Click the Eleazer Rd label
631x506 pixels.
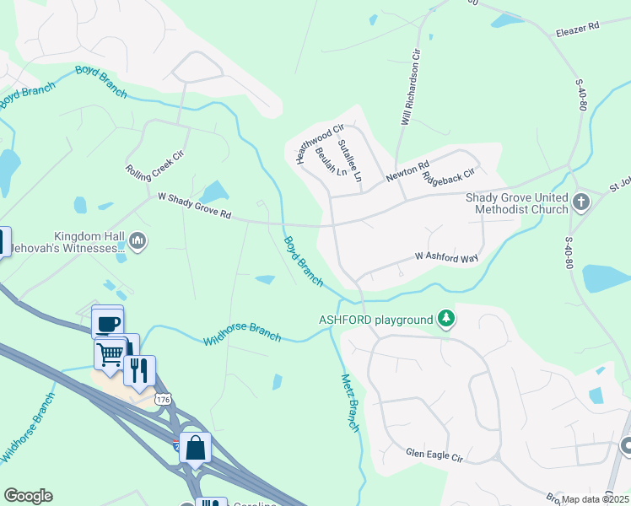(x=576, y=27)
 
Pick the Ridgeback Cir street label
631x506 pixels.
(x=450, y=177)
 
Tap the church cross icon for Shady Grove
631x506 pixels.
(x=580, y=202)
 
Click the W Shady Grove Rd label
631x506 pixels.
(x=194, y=205)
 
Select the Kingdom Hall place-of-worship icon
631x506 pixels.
(x=138, y=243)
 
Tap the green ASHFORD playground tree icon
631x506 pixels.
(x=446, y=319)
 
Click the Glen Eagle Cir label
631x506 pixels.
(x=434, y=455)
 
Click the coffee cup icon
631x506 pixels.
(x=108, y=322)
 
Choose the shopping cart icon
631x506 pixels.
(x=111, y=353)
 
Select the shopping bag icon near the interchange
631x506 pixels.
(x=195, y=449)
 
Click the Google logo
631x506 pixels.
(x=28, y=496)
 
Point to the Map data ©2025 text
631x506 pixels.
(x=596, y=499)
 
